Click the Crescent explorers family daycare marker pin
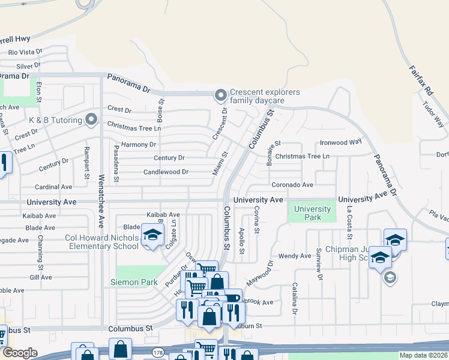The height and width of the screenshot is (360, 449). click(221, 95)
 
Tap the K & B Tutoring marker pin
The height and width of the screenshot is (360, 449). click(91, 120)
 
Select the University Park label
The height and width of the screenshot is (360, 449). click(312, 213)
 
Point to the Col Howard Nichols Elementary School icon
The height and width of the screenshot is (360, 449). click(152, 235)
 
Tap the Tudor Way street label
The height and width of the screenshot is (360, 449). click(433, 114)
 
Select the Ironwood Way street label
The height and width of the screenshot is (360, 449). click(340, 142)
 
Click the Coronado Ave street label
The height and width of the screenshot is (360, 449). click(292, 185)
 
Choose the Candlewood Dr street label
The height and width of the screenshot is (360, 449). click(166, 172)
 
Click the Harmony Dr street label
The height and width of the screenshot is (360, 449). click(138, 145)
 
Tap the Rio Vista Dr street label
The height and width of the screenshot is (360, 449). click(25, 53)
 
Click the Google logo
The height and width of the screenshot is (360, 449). click(19, 353)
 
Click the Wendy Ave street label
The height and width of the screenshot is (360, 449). click(294, 256)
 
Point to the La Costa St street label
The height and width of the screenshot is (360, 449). click(349, 218)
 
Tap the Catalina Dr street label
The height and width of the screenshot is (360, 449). click(295, 298)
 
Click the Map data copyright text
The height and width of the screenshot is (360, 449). click(424, 355)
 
